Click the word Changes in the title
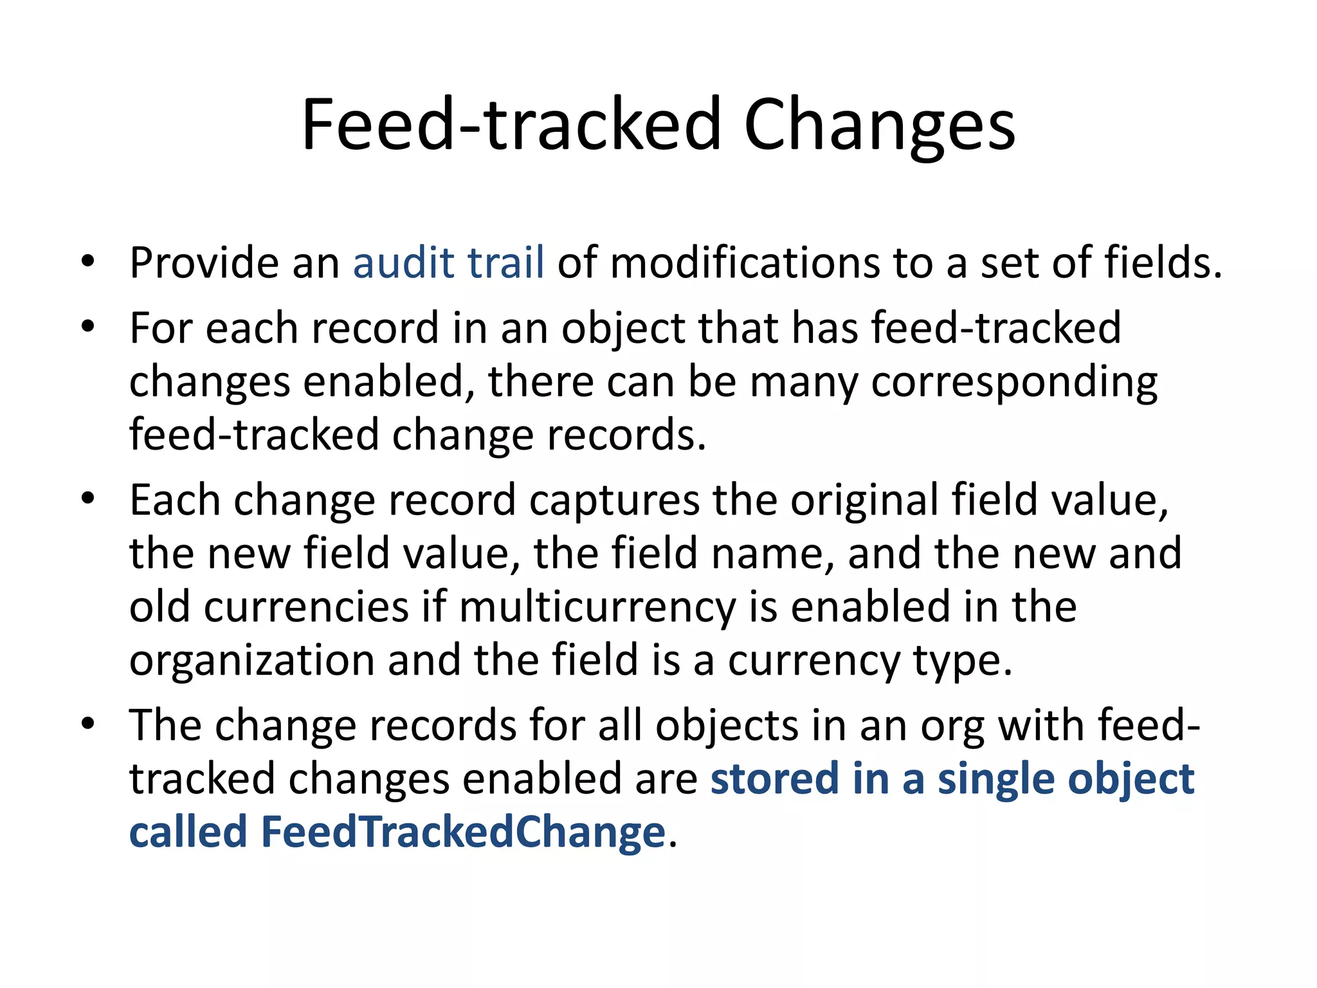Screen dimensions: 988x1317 [879, 125]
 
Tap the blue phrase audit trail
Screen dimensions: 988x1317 [448, 263]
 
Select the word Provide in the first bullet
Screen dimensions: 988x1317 [204, 263]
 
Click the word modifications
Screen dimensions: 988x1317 [744, 263]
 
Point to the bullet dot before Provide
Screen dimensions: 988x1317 [88, 262]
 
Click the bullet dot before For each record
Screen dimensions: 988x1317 [88, 327]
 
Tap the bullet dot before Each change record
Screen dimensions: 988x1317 [88, 499]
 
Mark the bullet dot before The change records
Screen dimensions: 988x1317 [88, 724]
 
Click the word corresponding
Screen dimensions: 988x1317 [1014, 383]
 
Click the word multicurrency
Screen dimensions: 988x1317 [597, 608]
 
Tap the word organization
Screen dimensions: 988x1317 [251, 661]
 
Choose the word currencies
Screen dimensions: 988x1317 [306, 607]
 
